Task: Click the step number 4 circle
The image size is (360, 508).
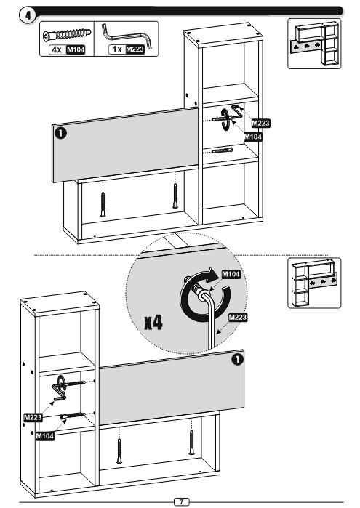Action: click(28, 15)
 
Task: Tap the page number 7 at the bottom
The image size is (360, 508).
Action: click(181, 501)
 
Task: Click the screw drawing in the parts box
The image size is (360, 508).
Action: click(68, 35)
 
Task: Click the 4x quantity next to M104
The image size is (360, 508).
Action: click(57, 49)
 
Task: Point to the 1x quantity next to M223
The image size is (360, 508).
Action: click(117, 49)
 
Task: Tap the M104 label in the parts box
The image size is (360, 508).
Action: click(76, 49)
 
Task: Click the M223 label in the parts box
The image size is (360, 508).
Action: click(135, 49)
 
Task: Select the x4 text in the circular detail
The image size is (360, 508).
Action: click(153, 323)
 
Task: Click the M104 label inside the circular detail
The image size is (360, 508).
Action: click(231, 275)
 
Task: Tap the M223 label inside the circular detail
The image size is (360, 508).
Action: click(238, 317)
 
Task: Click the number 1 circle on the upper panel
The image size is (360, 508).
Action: click(60, 133)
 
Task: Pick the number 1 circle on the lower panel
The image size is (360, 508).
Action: click(238, 359)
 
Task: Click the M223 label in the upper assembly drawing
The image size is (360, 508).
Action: click(261, 123)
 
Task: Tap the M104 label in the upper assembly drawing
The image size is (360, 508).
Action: click(253, 137)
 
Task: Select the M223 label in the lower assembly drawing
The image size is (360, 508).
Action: click(33, 417)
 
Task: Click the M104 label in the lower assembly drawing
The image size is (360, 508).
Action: click(45, 436)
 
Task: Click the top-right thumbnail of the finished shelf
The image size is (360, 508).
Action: click(314, 44)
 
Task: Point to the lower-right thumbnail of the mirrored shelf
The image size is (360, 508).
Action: click(314, 283)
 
